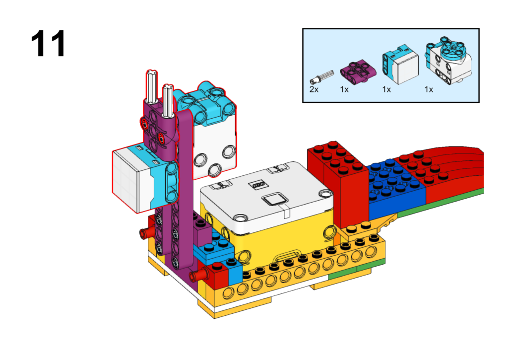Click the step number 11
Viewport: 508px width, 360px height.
[48, 44]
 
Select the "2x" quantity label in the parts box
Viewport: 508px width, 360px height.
[314, 89]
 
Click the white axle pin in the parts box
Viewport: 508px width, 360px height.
[321, 77]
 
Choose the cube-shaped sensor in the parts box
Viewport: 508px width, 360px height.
[400, 65]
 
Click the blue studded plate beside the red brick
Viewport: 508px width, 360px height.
[397, 188]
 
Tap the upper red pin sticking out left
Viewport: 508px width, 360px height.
[146, 232]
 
